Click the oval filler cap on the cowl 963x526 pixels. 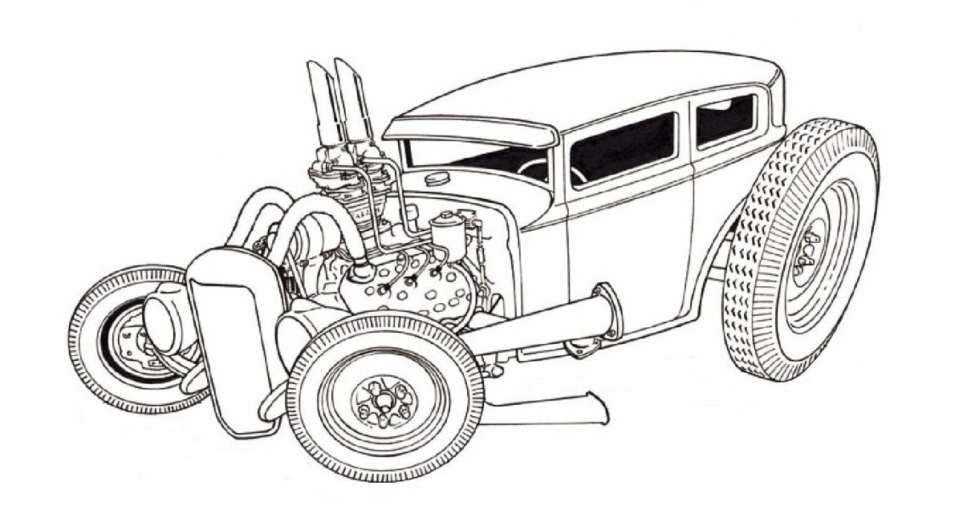441,175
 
